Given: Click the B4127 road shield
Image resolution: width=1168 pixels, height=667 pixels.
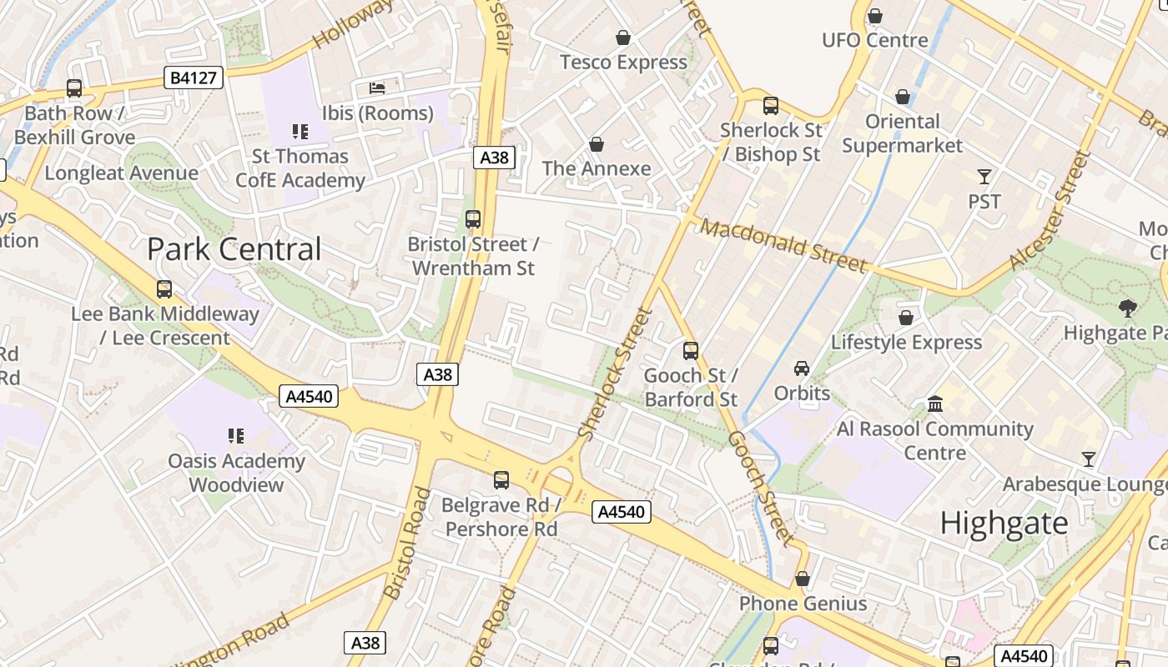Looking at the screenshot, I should click(194, 78).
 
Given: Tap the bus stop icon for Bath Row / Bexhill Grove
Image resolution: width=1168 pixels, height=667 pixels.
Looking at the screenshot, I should click(74, 88).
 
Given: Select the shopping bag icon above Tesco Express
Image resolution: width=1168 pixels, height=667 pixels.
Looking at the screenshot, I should click(623, 38).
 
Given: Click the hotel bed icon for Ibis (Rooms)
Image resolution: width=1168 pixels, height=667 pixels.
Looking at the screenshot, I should click(378, 88).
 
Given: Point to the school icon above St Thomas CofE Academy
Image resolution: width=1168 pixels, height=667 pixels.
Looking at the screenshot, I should click(300, 131).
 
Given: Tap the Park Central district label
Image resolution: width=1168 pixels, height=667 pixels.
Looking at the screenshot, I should click(234, 249).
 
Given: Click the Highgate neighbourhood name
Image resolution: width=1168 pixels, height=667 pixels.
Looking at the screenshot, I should click(1004, 524).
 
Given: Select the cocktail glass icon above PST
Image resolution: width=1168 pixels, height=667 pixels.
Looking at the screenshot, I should click(984, 177).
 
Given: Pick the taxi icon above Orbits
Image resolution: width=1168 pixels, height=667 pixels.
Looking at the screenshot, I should click(802, 369).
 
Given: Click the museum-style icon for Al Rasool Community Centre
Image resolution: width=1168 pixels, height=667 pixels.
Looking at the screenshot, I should click(935, 404).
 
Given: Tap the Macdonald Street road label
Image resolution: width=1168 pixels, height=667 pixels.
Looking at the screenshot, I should click(783, 245).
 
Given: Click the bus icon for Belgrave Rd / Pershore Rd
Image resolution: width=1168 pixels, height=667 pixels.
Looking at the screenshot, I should click(501, 480).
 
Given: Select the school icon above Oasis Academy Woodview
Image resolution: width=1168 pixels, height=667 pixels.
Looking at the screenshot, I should click(236, 436).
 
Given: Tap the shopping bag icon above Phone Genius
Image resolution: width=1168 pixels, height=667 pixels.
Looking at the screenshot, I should click(803, 579).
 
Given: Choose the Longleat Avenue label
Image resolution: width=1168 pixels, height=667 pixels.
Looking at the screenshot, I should click(122, 173).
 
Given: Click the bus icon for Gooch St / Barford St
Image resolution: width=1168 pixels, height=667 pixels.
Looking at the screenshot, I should click(691, 351).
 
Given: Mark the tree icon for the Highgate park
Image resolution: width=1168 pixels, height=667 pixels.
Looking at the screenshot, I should click(1127, 308).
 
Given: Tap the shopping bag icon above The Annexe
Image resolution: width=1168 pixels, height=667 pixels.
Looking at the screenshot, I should click(597, 144).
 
